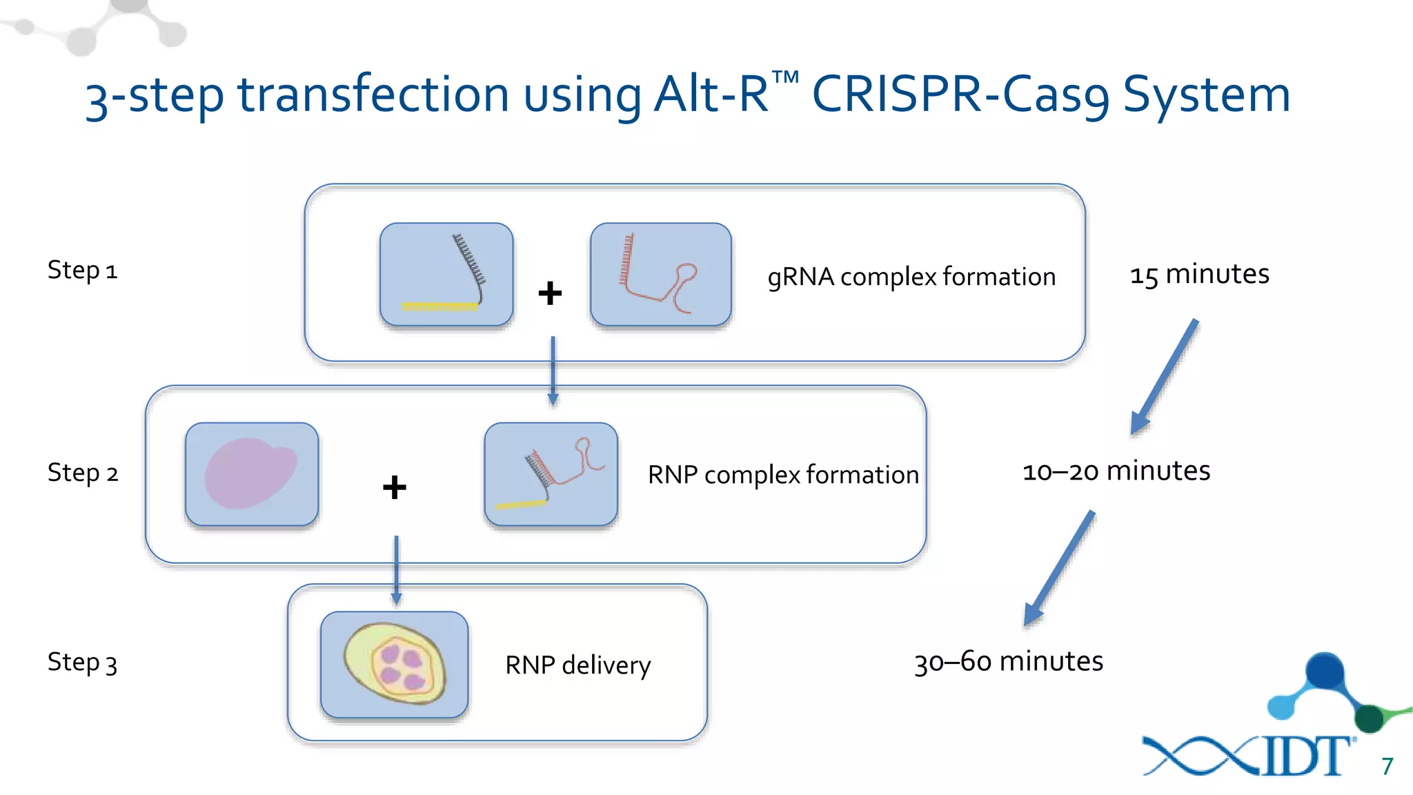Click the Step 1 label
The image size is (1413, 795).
82,270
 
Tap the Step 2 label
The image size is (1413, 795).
82,473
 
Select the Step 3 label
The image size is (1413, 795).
82,662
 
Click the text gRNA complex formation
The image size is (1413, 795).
911,277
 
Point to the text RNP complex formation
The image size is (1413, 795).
783,475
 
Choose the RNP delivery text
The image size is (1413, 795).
577,665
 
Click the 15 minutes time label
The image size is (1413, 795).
1199,275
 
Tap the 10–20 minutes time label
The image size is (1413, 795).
1116,471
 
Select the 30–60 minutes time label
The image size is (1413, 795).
1008,662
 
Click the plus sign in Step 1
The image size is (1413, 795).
550,293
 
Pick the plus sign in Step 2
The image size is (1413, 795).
395,487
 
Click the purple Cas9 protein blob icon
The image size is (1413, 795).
252,474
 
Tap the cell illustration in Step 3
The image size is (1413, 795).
395,664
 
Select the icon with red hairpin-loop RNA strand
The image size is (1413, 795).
660,274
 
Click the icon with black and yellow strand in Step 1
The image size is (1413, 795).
446,274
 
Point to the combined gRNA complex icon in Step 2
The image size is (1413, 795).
551,474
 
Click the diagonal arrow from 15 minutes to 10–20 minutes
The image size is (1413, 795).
1165,377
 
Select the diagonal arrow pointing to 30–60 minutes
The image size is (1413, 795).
1059,568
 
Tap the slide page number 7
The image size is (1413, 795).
1387,766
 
